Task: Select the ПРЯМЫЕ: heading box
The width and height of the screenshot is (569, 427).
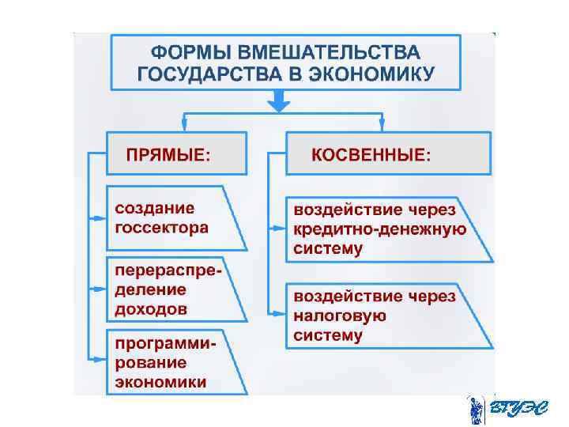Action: click(175, 153)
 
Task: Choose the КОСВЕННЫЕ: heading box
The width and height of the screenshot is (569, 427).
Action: click(387, 153)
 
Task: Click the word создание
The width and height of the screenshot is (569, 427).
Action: click(155, 209)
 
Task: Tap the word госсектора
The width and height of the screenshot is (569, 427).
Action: click(162, 228)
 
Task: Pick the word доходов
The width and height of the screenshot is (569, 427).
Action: click(151, 309)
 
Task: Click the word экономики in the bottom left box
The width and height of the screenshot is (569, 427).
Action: click(161, 382)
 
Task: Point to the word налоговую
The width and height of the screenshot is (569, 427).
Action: click(340, 316)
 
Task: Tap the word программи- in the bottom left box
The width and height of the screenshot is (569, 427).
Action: click(167, 344)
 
